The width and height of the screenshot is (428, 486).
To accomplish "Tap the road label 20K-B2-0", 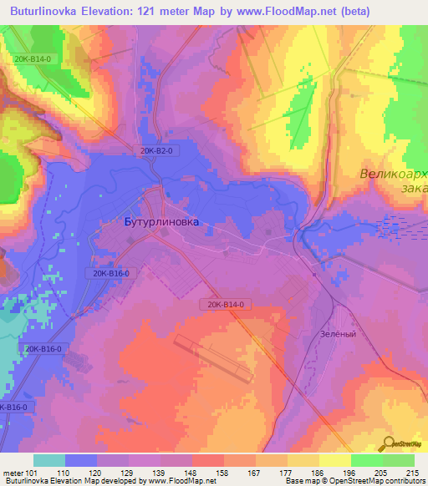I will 156,150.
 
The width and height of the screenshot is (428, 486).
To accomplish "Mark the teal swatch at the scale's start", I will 49,460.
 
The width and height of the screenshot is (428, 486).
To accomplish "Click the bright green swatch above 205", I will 366,460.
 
